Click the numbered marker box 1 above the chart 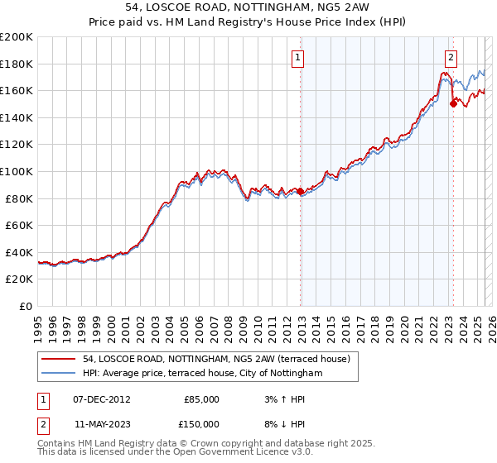297,57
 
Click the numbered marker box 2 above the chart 451,57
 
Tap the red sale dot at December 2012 300,192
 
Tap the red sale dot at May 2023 453,104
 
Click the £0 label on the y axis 25,306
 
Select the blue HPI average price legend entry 202,374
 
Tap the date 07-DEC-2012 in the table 101,399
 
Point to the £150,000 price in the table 199,424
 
